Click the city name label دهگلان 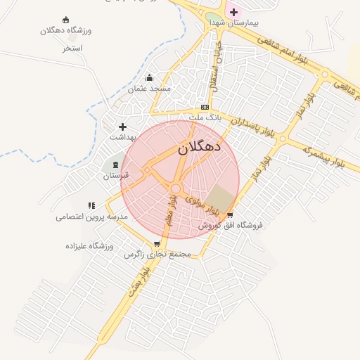199,148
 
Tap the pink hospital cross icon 233,12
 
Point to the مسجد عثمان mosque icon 148,78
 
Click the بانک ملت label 205,117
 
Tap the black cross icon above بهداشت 123,127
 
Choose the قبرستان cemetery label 117,176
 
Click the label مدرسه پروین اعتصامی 92,217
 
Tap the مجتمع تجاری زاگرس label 158,254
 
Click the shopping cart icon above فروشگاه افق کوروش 229,215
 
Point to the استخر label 72,49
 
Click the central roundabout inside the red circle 175,188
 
